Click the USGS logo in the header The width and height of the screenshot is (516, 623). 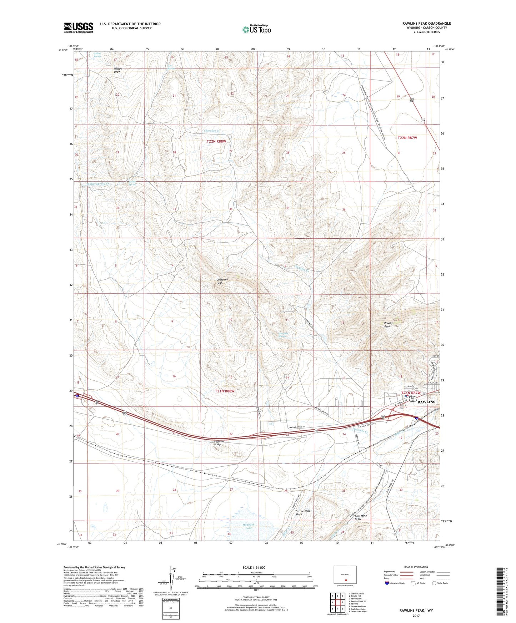click(79, 27)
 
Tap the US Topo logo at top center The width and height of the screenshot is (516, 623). click(256, 29)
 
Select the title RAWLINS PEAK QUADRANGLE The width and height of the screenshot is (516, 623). click(426, 24)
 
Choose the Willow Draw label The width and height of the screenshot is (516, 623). click(118, 70)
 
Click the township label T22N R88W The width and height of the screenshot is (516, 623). click(216, 141)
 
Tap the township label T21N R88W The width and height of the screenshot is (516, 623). click(224, 391)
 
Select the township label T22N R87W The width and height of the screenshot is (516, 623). click(407, 137)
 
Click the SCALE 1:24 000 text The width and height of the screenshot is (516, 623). click(254, 567)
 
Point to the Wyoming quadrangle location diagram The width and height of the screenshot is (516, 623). click(345, 575)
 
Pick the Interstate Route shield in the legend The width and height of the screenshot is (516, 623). click(387, 583)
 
